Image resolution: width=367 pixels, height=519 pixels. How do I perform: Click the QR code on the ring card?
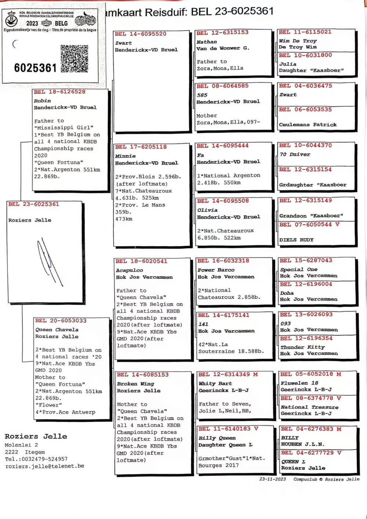[x=75, y=59]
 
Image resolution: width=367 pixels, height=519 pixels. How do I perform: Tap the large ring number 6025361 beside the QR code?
[x=35, y=68]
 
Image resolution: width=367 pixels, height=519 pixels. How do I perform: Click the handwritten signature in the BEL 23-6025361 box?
[x=50, y=260]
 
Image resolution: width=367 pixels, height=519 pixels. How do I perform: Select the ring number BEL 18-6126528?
[x=59, y=92]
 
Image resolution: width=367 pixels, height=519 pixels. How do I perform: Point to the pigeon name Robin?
[x=42, y=101]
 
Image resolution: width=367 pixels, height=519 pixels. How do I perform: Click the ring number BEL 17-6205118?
[x=141, y=147]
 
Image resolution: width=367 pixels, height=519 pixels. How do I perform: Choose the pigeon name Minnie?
[x=125, y=156]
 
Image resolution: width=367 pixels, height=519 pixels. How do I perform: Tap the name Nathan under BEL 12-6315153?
[x=206, y=42]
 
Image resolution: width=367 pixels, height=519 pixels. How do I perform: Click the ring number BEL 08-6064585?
[x=222, y=86]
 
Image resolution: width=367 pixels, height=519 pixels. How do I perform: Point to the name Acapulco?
[x=129, y=270]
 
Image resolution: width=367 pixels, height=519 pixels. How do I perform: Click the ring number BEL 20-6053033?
[x=61, y=321]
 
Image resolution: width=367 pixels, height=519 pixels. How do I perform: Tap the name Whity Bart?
[x=215, y=383]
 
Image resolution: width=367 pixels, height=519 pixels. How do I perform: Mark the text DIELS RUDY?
[x=296, y=240]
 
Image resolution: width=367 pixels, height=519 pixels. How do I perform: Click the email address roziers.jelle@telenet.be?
[x=44, y=466]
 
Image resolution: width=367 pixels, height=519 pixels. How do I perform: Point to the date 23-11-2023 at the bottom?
[x=272, y=479]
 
